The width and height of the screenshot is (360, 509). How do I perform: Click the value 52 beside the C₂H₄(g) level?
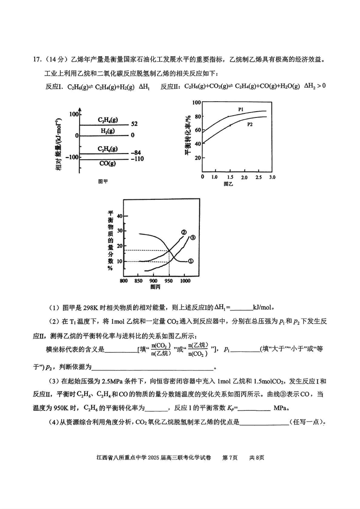(134, 124)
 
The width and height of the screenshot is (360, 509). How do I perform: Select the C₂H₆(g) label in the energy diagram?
(108, 149)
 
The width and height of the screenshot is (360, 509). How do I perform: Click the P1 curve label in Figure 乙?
(241, 109)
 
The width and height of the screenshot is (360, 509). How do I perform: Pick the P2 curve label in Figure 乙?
(249, 124)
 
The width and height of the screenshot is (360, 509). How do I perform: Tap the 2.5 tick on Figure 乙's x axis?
(258, 178)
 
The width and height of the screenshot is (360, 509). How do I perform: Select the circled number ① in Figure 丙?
(190, 261)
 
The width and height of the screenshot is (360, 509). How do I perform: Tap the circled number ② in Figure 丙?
(184, 232)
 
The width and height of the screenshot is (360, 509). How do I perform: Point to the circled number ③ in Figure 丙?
(193, 238)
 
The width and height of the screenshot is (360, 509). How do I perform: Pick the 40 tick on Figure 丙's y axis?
(119, 216)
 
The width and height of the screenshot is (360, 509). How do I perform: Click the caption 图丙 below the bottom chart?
(156, 287)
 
